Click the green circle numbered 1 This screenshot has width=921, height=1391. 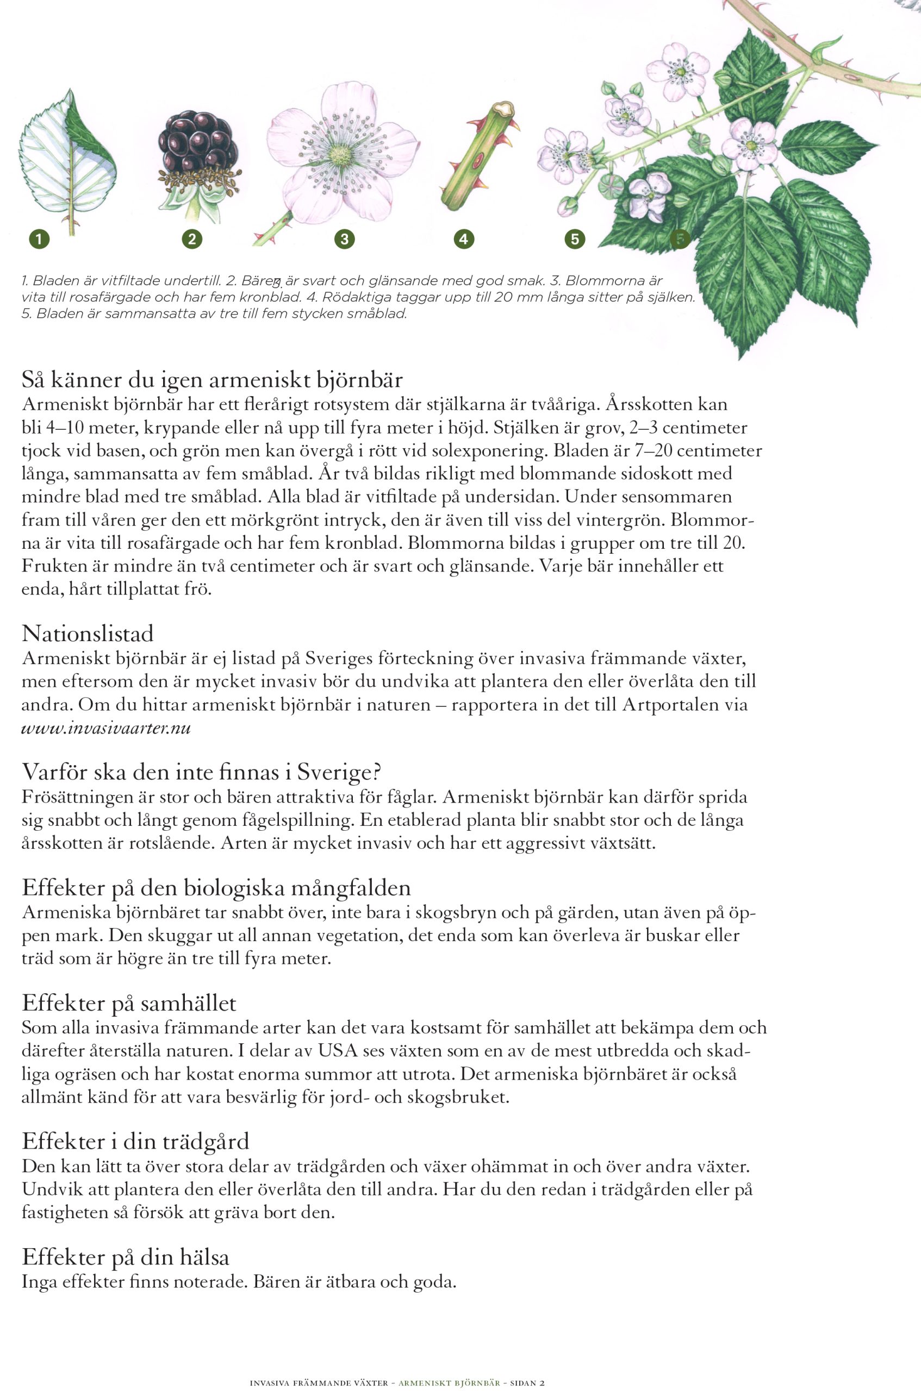(39, 239)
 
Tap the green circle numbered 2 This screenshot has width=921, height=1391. (191, 239)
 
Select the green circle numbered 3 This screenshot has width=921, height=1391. (344, 239)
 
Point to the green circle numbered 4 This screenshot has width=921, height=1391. (464, 239)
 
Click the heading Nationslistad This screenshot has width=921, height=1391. (88, 634)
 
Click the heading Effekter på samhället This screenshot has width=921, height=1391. (129, 1003)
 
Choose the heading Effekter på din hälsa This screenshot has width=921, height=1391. (125, 1257)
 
